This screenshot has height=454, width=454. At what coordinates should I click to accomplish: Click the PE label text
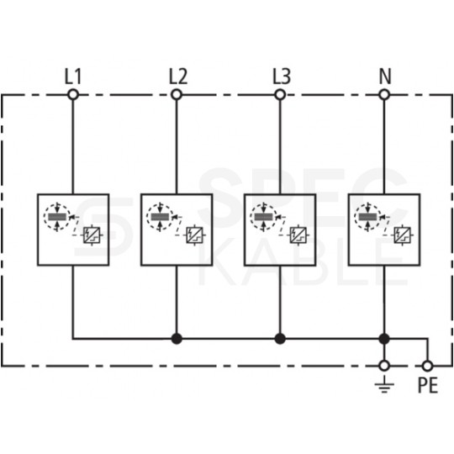click(x=428, y=389)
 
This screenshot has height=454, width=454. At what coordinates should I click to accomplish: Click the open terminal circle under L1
click(x=73, y=96)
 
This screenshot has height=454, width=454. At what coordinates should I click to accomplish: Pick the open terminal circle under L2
click(x=177, y=96)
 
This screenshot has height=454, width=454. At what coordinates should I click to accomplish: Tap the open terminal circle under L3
click(x=280, y=96)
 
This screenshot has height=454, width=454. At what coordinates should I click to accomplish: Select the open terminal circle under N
click(x=384, y=96)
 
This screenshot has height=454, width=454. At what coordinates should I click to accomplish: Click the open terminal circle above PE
click(x=428, y=366)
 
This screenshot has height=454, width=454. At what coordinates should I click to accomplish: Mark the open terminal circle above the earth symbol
click(x=384, y=366)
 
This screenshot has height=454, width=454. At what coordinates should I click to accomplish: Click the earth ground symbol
click(x=384, y=387)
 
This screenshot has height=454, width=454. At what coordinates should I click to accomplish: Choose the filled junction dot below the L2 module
click(x=177, y=339)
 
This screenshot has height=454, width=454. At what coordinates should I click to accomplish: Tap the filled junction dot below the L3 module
click(x=280, y=339)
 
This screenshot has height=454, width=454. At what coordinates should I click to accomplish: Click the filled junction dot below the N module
click(x=384, y=339)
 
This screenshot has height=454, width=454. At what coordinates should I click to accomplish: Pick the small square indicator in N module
click(x=402, y=235)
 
